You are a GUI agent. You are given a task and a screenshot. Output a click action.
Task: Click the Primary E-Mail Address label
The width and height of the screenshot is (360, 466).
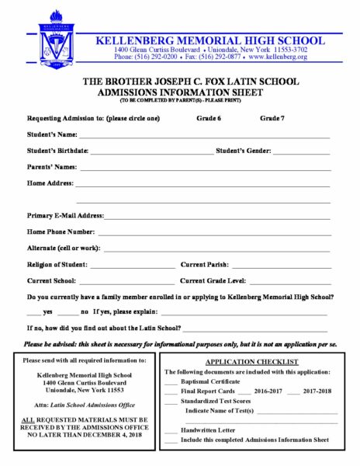tap(65, 215)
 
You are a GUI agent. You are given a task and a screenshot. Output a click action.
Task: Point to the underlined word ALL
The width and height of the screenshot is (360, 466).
tap(29, 419)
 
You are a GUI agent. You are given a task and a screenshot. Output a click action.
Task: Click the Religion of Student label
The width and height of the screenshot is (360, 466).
tap(57, 265)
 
